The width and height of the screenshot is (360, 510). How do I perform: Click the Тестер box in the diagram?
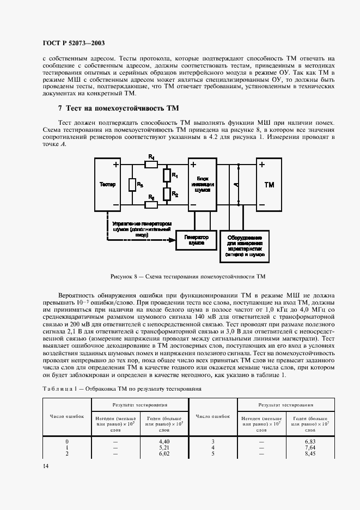(x=108, y=184)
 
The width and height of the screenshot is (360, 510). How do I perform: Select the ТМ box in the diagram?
(x=269, y=185)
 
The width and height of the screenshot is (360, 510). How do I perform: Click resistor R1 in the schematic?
(x=166, y=175)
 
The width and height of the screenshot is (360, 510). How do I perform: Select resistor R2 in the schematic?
(x=166, y=194)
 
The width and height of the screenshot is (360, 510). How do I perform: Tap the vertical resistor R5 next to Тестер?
(x=132, y=185)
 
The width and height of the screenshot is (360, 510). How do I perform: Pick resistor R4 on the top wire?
(x=151, y=163)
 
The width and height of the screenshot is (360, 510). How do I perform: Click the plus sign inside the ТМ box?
(x=263, y=165)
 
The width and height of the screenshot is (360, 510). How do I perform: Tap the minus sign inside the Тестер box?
(x=116, y=205)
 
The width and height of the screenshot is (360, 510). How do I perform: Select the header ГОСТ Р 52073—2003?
(x=74, y=43)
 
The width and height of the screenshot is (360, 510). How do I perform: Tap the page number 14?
(x=45, y=466)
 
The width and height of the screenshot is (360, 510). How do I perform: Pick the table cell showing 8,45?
(x=310, y=453)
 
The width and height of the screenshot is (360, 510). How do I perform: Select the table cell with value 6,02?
(x=164, y=453)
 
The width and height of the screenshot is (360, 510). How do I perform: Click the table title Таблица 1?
(x=121, y=389)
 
